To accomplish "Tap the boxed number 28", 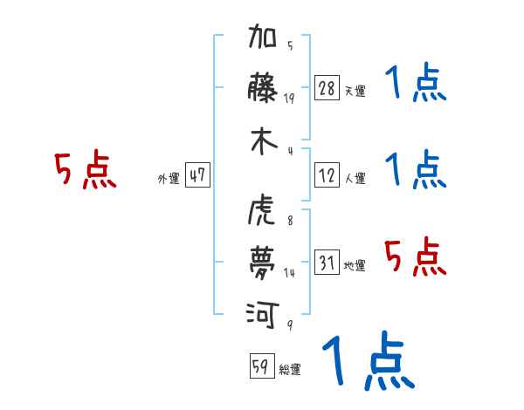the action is point(327,88).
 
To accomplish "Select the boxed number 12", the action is point(327,175).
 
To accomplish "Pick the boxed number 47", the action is point(197,175).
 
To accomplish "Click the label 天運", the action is point(355,91).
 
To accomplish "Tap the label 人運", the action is point(355,178).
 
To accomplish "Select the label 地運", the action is point(355,265).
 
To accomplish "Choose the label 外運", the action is point(169,178).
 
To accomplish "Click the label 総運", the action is point(290,369).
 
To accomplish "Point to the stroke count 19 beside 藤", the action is point(289,99).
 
